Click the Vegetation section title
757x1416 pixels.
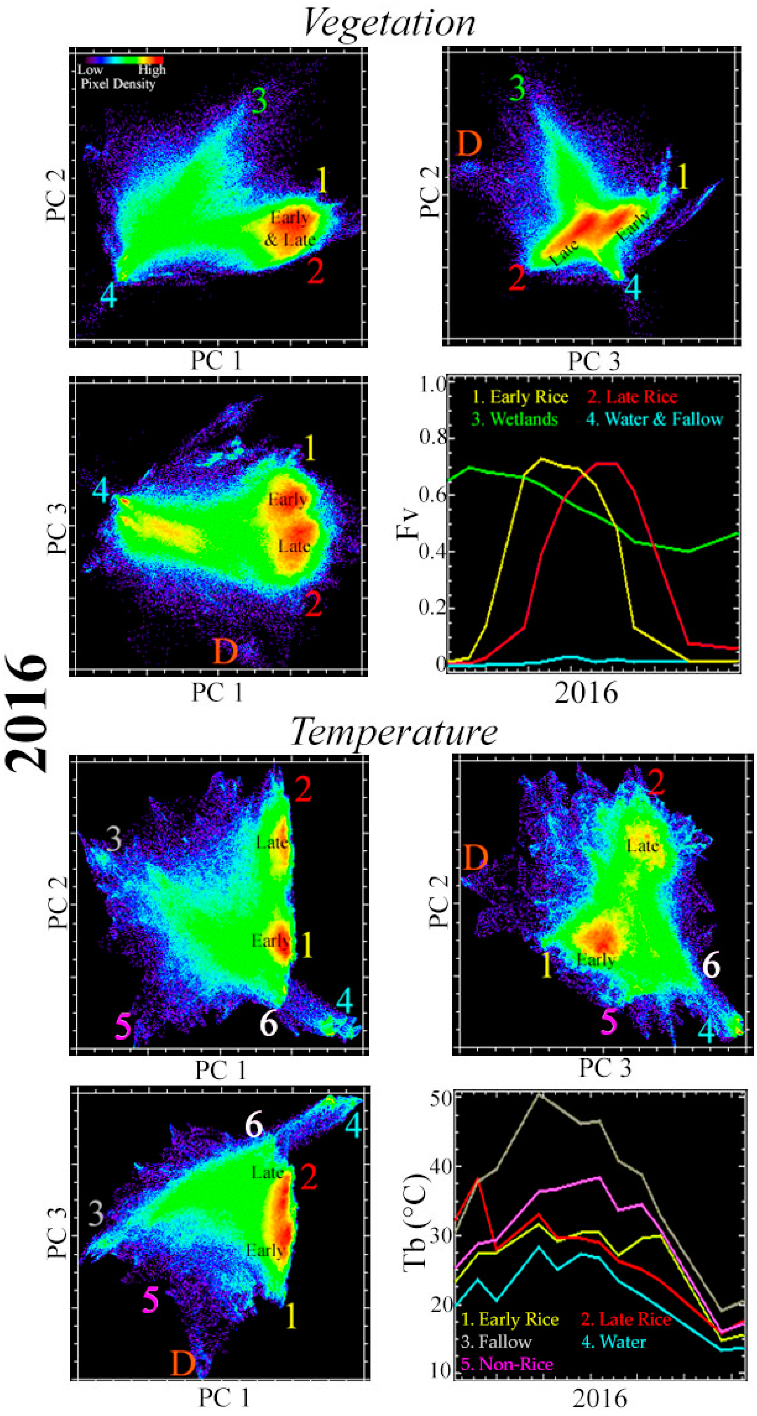(388, 23)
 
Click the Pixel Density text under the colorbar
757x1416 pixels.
(118, 84)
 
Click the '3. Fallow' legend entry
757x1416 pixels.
(496, 1342)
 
